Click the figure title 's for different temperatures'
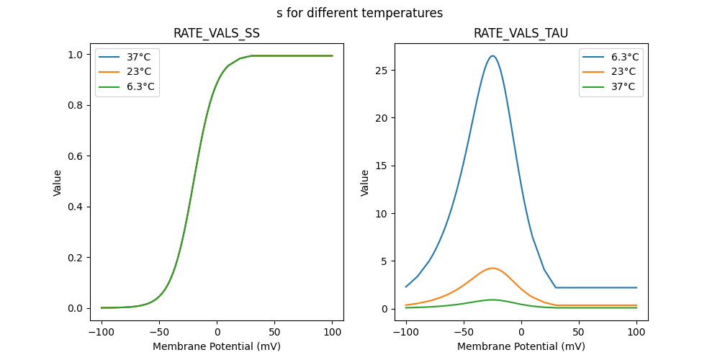359,13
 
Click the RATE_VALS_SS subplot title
217,34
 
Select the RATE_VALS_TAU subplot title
521,34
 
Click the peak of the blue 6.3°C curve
492,55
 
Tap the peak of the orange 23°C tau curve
492,268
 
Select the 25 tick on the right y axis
382,70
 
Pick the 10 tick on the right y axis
382,213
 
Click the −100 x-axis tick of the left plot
102,333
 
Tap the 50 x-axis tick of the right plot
579,333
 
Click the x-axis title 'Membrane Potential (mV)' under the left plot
217,346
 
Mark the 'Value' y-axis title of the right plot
365,182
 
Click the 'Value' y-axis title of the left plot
58,182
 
